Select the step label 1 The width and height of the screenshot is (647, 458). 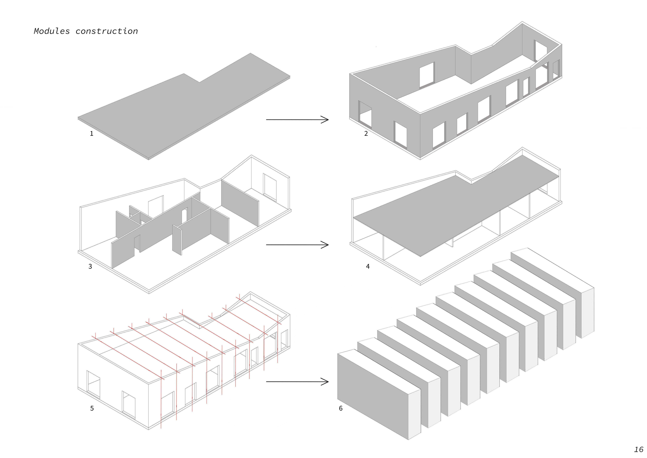[x=91, y=134]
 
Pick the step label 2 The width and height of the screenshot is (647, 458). [x=366, y=134]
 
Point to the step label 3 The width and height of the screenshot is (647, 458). [x=90, y=266]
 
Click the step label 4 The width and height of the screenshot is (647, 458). [x=368, y=266]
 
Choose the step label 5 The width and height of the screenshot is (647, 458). [x=92, y=408]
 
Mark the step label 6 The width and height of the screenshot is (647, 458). [x=341, y=408]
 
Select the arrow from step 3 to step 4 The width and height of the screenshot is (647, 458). [x=297, y=245]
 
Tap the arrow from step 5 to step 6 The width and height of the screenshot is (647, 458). [x=297, y=382]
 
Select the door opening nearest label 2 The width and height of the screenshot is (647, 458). [x=365, y=112]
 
